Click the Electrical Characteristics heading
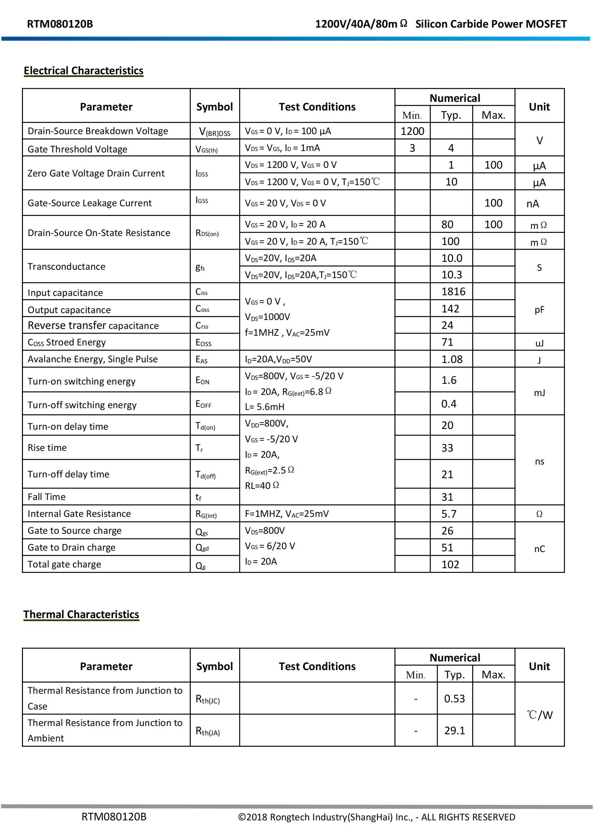click(x=83, y=71)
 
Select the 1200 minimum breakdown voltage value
click(x=412, y=131)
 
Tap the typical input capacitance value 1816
click(x=453, y=292)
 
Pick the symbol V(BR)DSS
click(x=214, y=132)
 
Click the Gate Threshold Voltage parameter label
click(x=77, y=149)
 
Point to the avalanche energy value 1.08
click(x=452, y=359)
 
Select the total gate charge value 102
click(x=450, y=565)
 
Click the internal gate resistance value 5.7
click(x=449, y=514)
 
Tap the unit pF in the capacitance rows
click(x=539, y=310)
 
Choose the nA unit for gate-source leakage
click(x=532, y=203)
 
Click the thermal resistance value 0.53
click(x=454, y=699)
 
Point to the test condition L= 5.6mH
click(x=264, y=407)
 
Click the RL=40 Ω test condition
click(x=262, y=486)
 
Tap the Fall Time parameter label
click(x=47, y=497)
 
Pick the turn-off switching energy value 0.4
click(x=449, y=404)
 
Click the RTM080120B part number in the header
click(x=60, y=24)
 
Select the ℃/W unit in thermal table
click(x=539, y=715)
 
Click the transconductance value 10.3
click(x=452, y=275)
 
